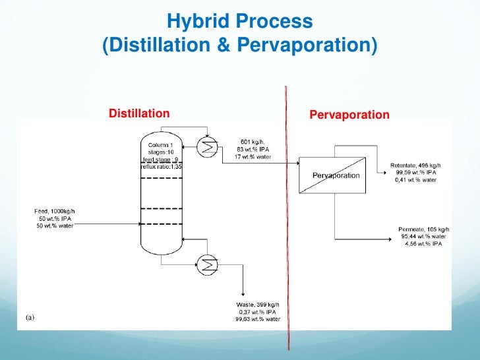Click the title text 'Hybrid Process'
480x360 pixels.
click(x=239, y=22)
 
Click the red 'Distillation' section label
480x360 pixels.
click(x=138, y=114)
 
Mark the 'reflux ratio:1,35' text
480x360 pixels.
click(x=161, y=167)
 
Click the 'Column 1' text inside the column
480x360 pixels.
click(x=161, y=144)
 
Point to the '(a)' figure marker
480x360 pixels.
click(x=30, y=317)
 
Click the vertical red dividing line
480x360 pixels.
click(x=287, y=218)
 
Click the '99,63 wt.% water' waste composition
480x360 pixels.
click(x=258, y=319)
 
